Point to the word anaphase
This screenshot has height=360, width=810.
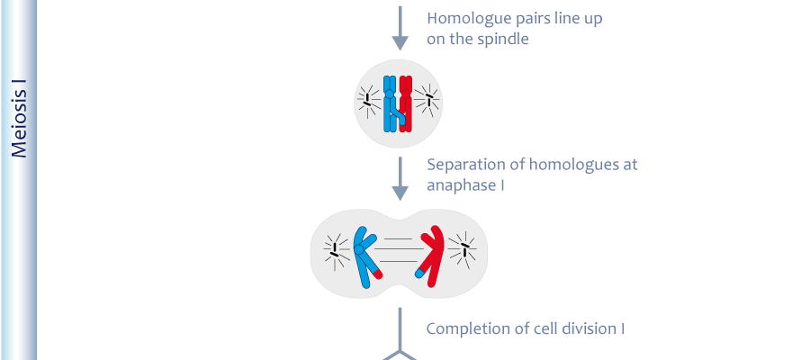click(462, 185)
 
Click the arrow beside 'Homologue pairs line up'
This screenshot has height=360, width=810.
click(400, 29)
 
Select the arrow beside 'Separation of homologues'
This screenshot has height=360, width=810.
click(400, 179)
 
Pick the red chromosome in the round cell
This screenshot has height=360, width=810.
click(406, 103)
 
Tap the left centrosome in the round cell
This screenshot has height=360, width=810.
click(367, 100)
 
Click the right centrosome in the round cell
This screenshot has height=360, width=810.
click(427, 99)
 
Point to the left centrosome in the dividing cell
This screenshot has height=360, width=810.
click(336, 251)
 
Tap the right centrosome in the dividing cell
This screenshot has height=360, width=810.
click(463, 249)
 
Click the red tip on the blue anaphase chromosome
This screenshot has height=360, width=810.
click(378, 274)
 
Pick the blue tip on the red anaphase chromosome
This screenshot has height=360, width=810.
click(420, 274)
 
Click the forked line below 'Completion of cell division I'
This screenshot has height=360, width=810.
click(400, 341)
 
